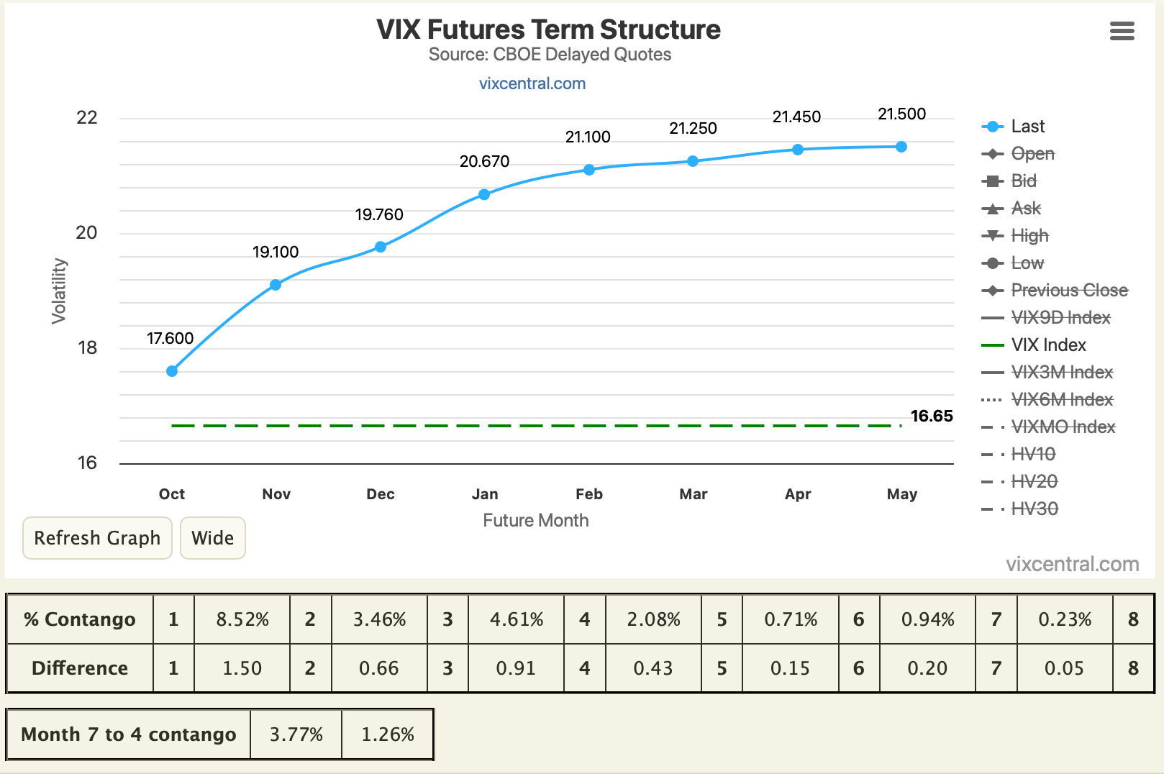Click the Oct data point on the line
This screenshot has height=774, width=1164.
[172, 371]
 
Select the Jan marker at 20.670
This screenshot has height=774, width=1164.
[483, 194]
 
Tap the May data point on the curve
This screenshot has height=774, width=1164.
[901, 147]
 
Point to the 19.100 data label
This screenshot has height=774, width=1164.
[276, 252]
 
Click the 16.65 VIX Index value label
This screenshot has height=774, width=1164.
[932, 416]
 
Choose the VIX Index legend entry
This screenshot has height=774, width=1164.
[1034, 345]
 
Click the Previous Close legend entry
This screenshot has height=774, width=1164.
[1055, 290]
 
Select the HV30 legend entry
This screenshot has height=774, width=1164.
[1019, 509]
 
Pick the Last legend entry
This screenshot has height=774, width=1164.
[1013, 126]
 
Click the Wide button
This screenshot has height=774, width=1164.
[212, 537]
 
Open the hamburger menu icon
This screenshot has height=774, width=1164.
[1122, 31]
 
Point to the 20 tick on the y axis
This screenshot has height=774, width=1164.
[86, 232]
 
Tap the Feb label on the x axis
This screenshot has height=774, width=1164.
[588, 493]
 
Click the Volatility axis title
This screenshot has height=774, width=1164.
[59, 291]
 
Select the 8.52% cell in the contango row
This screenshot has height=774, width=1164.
[242, 619]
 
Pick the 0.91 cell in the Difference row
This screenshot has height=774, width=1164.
[516, 668]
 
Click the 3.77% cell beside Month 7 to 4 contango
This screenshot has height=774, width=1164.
[296, 734]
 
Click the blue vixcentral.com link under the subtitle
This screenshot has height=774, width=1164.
[532, 83]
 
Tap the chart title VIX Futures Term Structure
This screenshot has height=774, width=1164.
[548, 29]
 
